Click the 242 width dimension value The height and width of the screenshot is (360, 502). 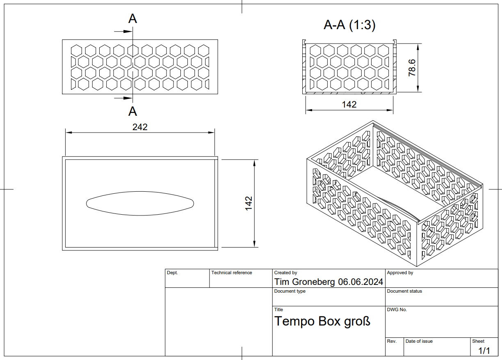(140, 127)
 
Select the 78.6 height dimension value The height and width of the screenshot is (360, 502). (412, 67)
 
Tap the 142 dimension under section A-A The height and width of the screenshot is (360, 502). (349, 105)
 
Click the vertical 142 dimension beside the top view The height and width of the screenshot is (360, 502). (249, 203)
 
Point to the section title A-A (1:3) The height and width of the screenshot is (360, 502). (349, 25)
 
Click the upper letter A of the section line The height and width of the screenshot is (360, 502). (132, 18)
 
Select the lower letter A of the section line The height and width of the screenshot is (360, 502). (132, 111)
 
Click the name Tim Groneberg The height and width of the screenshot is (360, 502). (305, 282)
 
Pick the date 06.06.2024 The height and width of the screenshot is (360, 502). (361, 282)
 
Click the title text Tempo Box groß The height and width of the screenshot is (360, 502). (322, 321)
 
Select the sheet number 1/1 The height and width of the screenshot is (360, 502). (484, 351)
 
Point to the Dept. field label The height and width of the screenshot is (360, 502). (172, 273)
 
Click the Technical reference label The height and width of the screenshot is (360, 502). (232, 273)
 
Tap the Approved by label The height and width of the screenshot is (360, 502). (400, 273)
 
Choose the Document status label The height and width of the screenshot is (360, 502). (404, 291)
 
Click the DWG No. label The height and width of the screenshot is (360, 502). (397, 310)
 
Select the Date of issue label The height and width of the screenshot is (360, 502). (419, 341)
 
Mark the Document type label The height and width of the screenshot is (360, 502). (290, 291)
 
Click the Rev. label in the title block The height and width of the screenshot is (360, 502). (392, 341)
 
